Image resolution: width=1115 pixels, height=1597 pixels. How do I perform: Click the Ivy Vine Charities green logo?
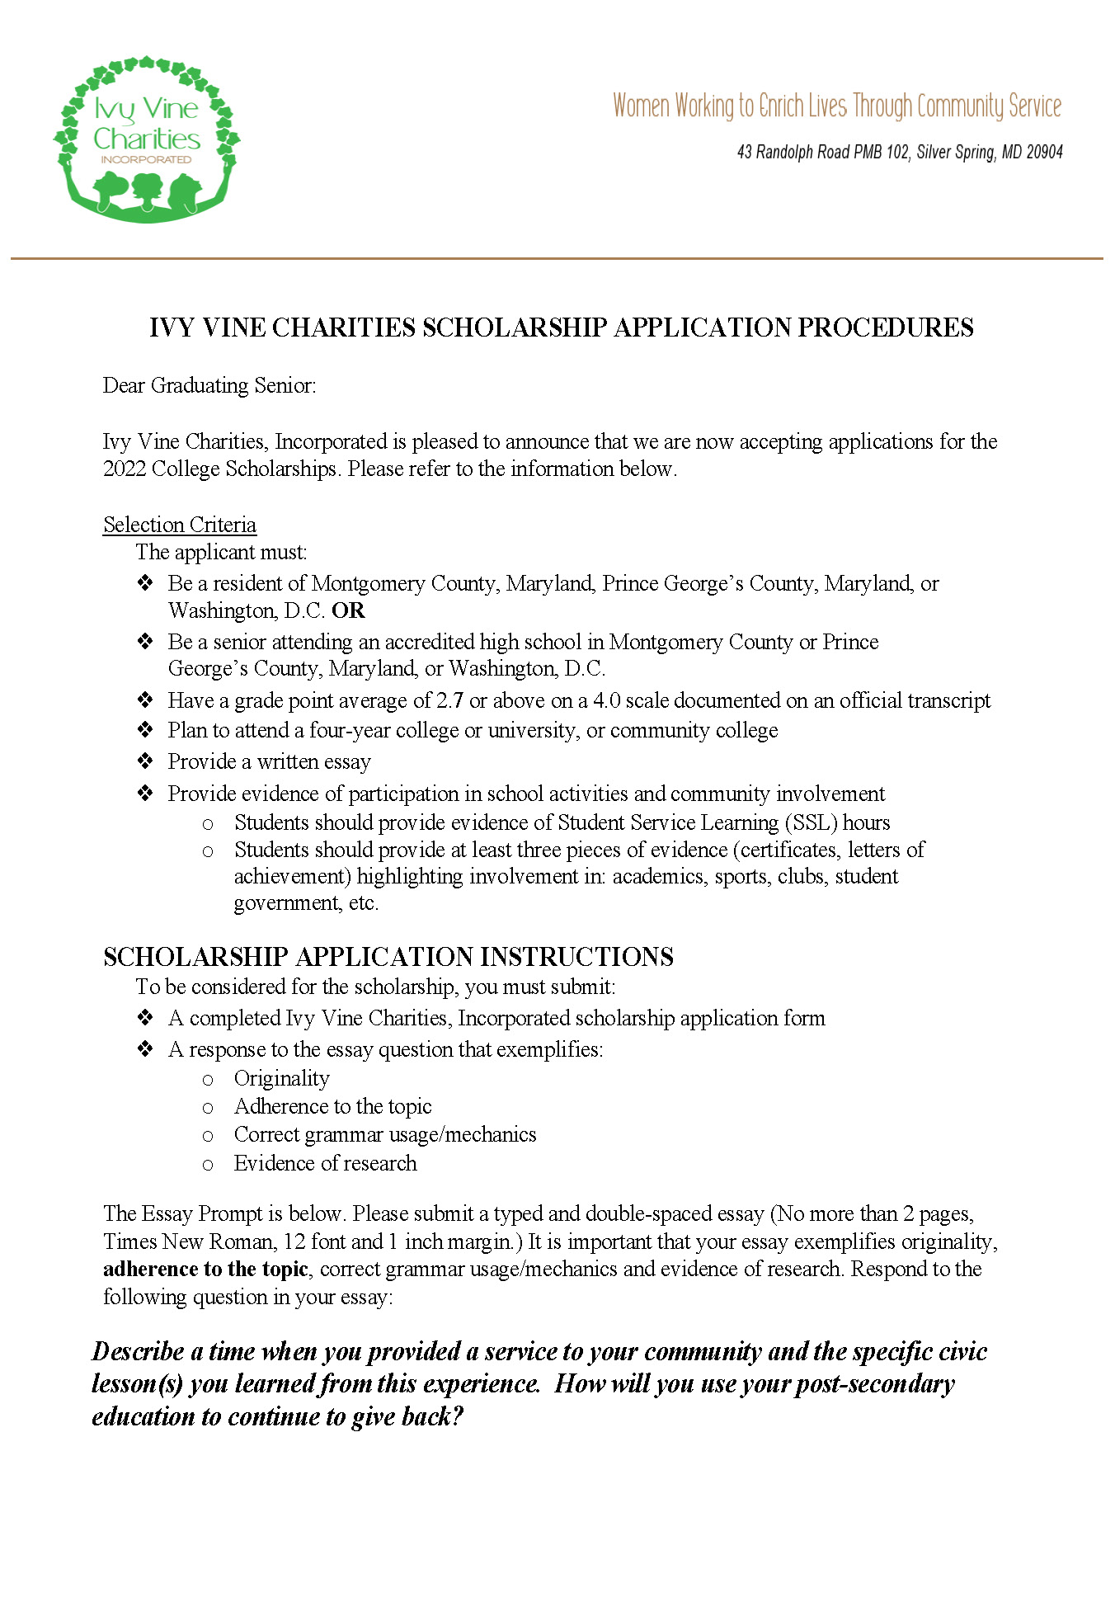(x=147, y=139)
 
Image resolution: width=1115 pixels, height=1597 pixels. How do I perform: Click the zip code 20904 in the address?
(x=1044, y=152)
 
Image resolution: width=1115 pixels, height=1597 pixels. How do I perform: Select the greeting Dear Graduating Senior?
(x=209, y=385)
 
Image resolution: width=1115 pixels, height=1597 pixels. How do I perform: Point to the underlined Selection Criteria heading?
(x=180, y=525)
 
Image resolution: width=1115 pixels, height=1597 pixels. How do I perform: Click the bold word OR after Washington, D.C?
(x=348, y=610)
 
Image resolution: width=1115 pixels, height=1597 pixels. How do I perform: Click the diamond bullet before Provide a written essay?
(x=145, y=761)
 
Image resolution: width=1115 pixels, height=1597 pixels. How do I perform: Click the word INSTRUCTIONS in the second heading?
(x=576, y=956)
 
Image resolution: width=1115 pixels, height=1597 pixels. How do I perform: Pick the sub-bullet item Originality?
(x=281, y=1078)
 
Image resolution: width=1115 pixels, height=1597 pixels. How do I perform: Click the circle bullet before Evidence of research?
(x=208, y=1164)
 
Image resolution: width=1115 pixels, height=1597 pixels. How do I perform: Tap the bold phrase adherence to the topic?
(x=205, y=1269)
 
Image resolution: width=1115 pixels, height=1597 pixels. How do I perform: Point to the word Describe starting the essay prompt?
(x=138, y=1351)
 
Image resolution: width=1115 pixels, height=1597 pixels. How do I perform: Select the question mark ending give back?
(x=457, y=1416)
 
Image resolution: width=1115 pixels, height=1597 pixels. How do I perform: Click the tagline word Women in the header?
(x=641, y=106)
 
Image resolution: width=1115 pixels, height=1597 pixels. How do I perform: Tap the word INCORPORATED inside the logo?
(x=146, y=159)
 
